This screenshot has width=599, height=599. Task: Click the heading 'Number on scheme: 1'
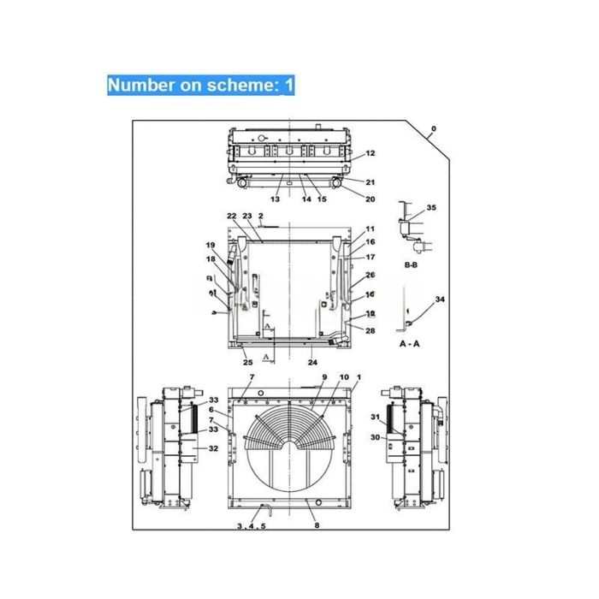(x=200, y=85)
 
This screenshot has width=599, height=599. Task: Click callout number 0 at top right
(x=433, y=129)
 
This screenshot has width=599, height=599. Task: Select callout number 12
(x=371, y=154)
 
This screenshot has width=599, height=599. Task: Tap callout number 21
(x=371, y=182)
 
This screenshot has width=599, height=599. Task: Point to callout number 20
(x=371, y=199)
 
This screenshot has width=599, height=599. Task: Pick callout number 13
(x=276, y=199)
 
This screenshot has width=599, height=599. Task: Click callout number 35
(x=431, y=208)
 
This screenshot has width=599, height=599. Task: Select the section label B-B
(x=411, y=266)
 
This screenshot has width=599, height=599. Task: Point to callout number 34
(x=441, y=299)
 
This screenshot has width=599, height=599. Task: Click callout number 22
(x=231, y=216)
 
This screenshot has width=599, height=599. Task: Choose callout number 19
(x=210, y=246)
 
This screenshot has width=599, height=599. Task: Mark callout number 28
(x=371, y=330)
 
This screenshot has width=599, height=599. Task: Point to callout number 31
(x=374, y=417)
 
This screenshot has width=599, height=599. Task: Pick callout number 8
(x=317, y=525)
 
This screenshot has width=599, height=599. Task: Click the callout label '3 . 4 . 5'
(x=252, y=525)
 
